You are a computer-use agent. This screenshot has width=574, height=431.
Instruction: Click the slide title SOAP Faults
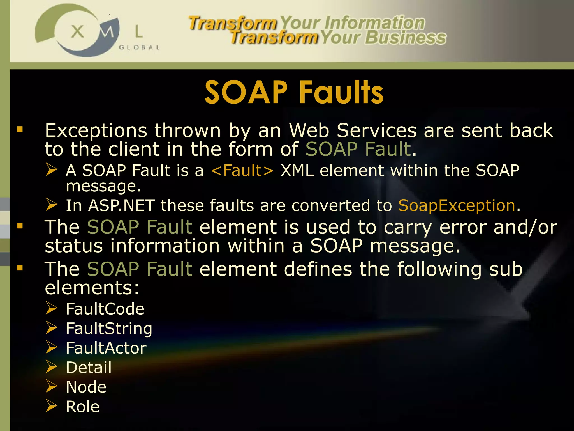point(294,92)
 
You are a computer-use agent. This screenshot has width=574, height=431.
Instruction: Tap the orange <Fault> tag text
point(242,171)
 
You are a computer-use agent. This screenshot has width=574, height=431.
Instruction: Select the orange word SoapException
point(457,205)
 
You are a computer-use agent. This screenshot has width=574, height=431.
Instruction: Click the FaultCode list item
point(105,309)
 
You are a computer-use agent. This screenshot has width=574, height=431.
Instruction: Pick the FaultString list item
point(109,329)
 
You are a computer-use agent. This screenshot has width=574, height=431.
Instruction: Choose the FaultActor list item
point(106,348)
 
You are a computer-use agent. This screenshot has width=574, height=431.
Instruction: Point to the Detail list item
point(89,368)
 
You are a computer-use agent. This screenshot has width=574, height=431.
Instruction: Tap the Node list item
point(86,387)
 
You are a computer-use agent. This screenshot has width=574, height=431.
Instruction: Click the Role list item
point(83,407)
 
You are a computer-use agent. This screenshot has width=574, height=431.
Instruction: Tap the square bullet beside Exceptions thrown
point(20,129)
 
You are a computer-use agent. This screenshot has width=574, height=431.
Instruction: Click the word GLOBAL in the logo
point(139,47)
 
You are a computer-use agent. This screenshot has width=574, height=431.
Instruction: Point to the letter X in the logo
point(77,31)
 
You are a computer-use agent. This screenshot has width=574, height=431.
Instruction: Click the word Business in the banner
point(405,38)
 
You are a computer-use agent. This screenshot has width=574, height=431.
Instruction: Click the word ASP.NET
point(121,205)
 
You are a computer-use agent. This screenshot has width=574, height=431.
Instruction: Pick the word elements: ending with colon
point(92,288)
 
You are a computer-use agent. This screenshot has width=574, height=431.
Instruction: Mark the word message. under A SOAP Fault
point(103,186)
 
